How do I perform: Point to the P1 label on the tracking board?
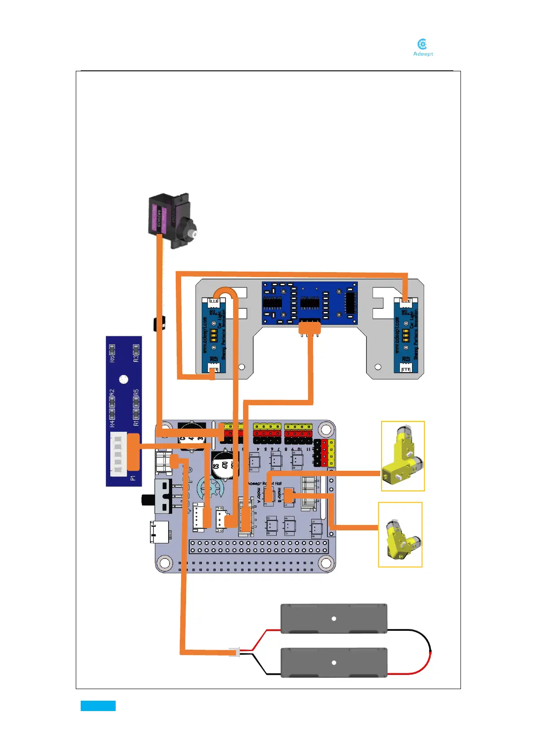coord(133,478)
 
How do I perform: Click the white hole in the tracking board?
coord(124,379)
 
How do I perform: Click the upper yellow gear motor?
coord(403,456)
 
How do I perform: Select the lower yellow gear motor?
coord(400,535)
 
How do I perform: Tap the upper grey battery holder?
coord(334,619)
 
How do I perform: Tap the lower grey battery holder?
coord(334,662)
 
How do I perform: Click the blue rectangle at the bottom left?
coord(98,706)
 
